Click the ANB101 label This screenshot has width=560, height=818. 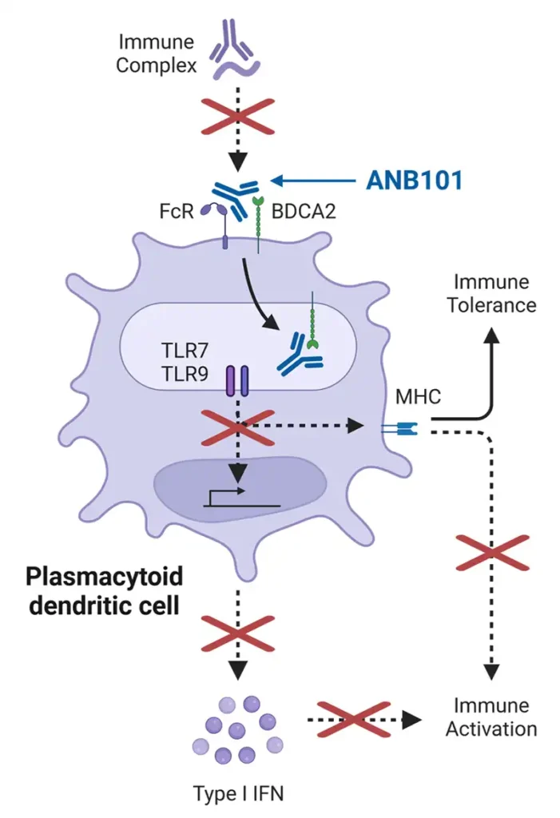click(414, 180)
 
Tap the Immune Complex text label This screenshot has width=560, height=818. click(156, 53)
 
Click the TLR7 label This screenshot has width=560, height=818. click(182, 349)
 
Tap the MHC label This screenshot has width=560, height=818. click(418, 395)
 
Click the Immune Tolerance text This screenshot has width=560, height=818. click(491, 293)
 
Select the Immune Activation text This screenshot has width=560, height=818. click(491, 717)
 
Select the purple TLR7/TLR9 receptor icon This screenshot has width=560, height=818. click(236, 380)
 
